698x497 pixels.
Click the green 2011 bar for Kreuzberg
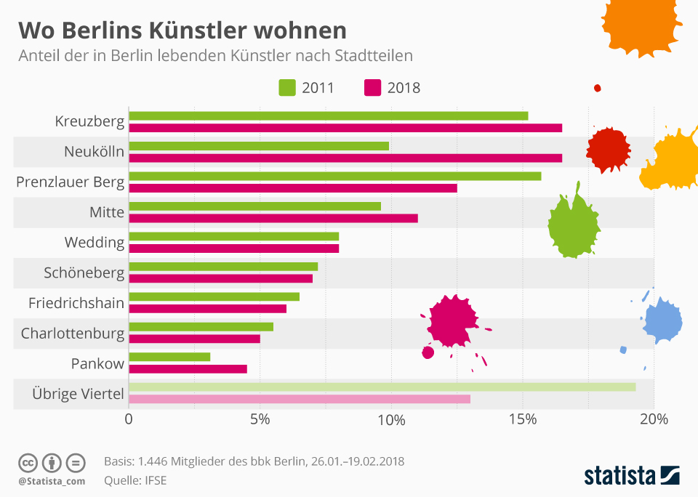click(x=328, y=116)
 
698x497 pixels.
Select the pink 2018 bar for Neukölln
click(x=345, y=158)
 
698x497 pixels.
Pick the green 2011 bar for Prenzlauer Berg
click(x=334, y=176)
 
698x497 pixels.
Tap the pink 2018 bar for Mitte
click(x=273, y=218)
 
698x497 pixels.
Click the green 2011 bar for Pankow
click(x=169, y=357)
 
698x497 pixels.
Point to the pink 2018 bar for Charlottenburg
click(x=195, y=339)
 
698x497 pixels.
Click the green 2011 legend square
click(x=287, y=88)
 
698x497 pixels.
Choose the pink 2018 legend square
click(x=372, y=88)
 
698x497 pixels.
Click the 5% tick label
click(x=260, y=420)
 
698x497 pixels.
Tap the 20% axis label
click(x=654, y=420)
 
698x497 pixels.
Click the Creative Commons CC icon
click(x=28, y=462)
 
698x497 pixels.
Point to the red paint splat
click(x=607, y=149)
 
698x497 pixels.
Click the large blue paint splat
click(x=663, y=320)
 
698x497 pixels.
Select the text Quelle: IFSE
click(x=135, y=480)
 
